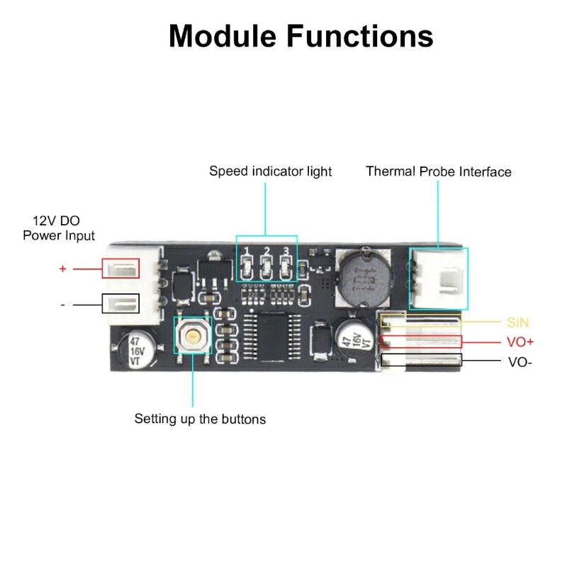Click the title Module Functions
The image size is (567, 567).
pos(301,35)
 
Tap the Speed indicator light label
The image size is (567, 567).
pos(270,172)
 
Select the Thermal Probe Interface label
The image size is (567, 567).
pos(438,172)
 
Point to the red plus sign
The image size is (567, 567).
pos(62,269)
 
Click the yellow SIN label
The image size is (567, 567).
pos(517,322)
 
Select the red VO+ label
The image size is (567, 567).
pos(520,342)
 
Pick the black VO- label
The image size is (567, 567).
pos(520,361)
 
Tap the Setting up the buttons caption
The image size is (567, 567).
pos(200,419)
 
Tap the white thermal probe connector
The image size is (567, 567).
pos(439,278)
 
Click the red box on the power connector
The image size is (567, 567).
pos(121,269)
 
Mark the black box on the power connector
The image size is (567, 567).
pos(121,304)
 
